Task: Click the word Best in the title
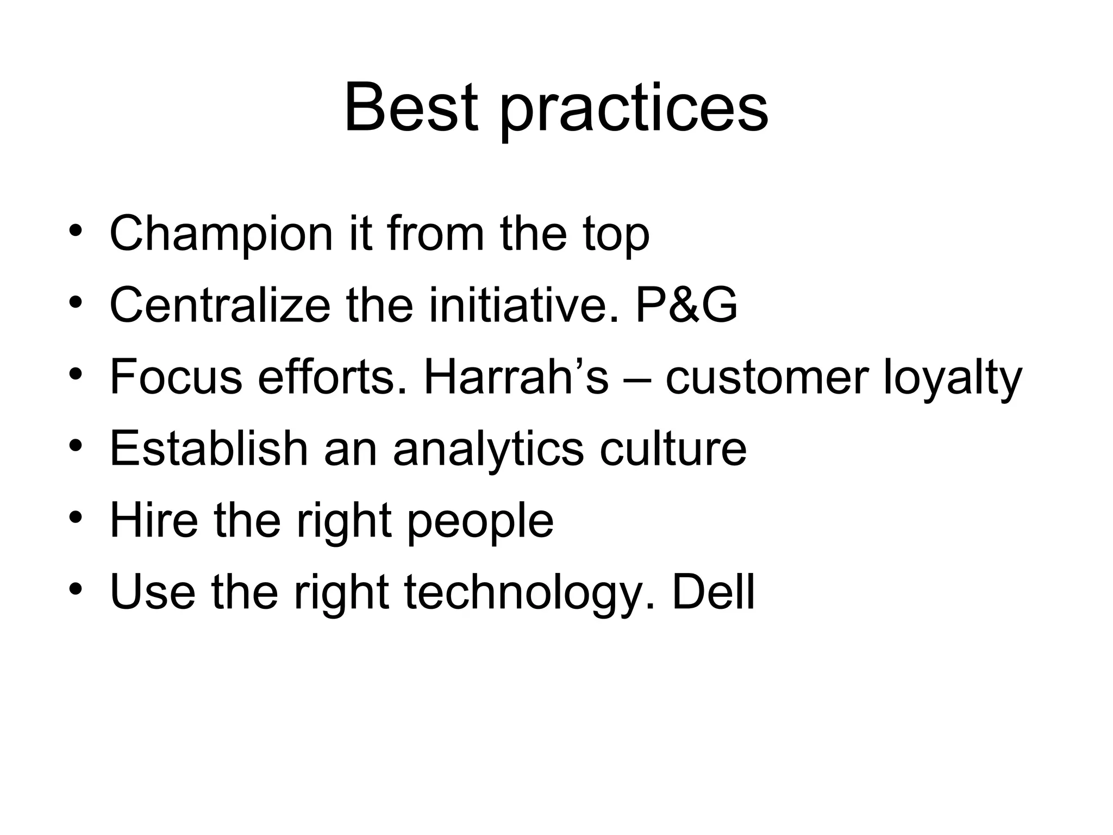tap(411, 107)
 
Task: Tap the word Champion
tap(221, 235)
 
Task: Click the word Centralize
tap(220, 306)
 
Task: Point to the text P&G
tap(686, 306)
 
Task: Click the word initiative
tap(524, 306)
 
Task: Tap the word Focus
tap(176, 377)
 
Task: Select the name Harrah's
tap(516, 377)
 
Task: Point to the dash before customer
tap(636, 379)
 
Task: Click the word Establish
tap(209, 448)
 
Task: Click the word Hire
tap(154, 520)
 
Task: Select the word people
tap(480, 523)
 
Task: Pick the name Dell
tap(713, 591)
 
